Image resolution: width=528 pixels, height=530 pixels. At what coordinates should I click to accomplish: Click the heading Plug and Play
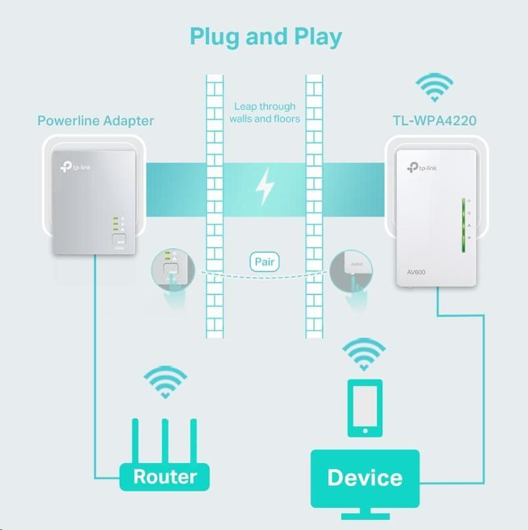coord(266,36)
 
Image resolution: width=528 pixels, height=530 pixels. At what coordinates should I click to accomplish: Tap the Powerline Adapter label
coord(95,121)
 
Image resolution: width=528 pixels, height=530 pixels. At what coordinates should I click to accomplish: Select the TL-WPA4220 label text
coord(434,121)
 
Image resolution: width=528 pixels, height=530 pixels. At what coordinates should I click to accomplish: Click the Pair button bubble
coord(264,262)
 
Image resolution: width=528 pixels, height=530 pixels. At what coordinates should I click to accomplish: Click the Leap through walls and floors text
coord(264,112)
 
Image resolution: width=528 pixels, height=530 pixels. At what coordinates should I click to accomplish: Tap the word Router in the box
coord(165,476)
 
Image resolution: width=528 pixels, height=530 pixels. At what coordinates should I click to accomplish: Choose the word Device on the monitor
coord(365,477)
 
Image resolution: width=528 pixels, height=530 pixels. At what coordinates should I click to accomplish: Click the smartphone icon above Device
coord(364,408)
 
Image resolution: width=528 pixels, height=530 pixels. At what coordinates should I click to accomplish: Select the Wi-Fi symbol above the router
coord(165,381)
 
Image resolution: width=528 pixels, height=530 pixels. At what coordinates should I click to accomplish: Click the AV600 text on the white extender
coord(416,272)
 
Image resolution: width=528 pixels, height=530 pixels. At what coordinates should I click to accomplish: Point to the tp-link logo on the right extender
coord(422,167)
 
